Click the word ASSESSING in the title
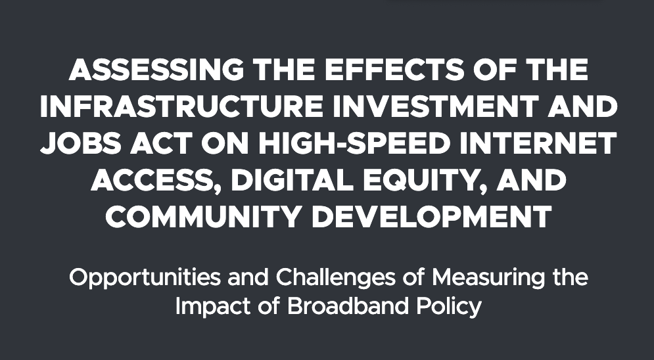click(156, 70)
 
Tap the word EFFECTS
click(394, 70)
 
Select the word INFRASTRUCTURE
click(181, 106)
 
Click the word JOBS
click(81, 143)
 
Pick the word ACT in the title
click(161, 143)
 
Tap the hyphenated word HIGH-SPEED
click(354, 143)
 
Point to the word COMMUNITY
click(204, 216)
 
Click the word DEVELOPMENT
click(432, 216)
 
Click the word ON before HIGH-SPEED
click(225, 143)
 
